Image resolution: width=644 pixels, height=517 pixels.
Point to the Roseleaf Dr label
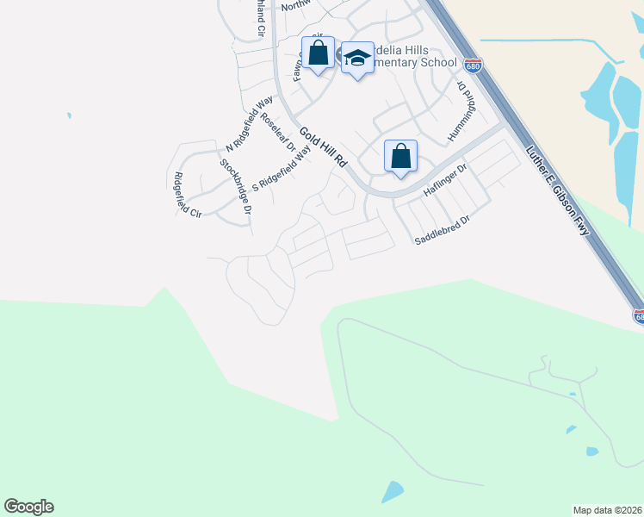(278, 135)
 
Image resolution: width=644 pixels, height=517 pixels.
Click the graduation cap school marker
(357, 58)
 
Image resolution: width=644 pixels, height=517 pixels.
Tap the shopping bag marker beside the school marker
(318, 53)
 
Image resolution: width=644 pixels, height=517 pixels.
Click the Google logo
(28, 507)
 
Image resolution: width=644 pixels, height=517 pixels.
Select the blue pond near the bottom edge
(392, 492)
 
